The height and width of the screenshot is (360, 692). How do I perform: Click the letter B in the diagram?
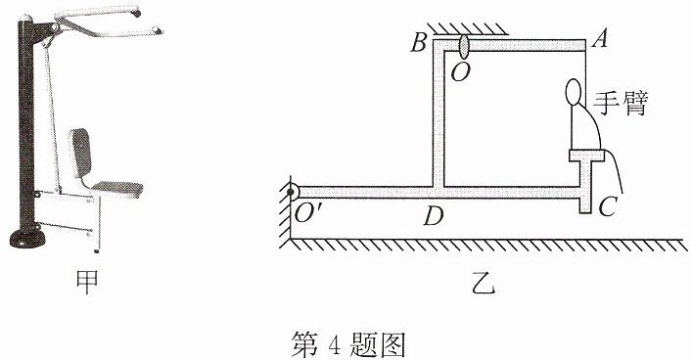tap(418, 43)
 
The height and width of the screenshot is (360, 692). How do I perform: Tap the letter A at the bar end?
tap(600, 39)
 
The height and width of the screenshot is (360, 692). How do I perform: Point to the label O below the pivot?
tap(459, 72)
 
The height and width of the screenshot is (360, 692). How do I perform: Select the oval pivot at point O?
tap(464, 45)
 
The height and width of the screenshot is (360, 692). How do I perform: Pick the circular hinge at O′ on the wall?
tap(292, 193)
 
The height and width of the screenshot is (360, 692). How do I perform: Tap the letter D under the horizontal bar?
tap(433, 216)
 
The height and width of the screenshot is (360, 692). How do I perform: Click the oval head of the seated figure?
tap(573, 92)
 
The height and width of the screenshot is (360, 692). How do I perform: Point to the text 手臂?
tap(620, 104)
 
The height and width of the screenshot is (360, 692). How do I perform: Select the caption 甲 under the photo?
tap(86, 282)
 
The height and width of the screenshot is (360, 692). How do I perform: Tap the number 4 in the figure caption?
tap(333, 344)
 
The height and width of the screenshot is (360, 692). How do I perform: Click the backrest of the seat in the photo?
tap(81, 153)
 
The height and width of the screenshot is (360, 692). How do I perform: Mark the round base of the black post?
tap(27, 239)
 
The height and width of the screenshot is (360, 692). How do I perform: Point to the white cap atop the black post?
tap(24, 18)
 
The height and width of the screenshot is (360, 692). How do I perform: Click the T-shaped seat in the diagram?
tap(585, 176)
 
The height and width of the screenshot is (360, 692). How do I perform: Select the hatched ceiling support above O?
tap(468, 28)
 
